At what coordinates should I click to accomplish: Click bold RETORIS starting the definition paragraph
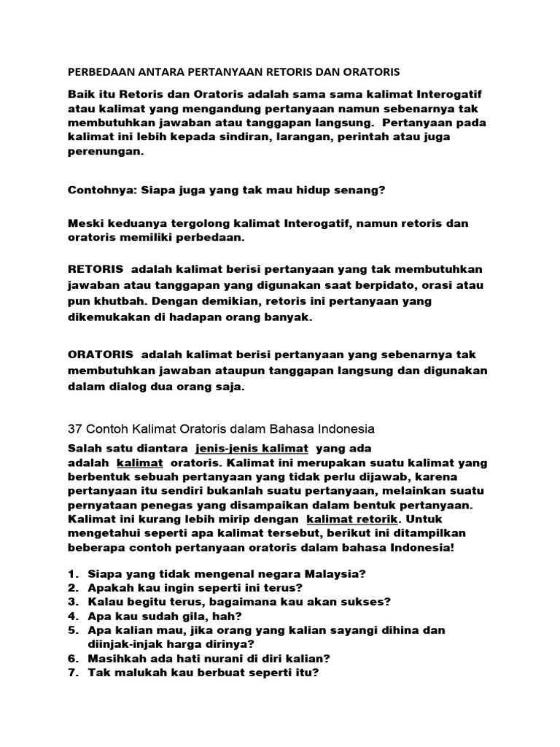point(95,269)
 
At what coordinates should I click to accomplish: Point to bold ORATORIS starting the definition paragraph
point(100,355)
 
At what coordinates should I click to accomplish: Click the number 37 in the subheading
point(75,427)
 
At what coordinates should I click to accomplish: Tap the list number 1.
point(73,573)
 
